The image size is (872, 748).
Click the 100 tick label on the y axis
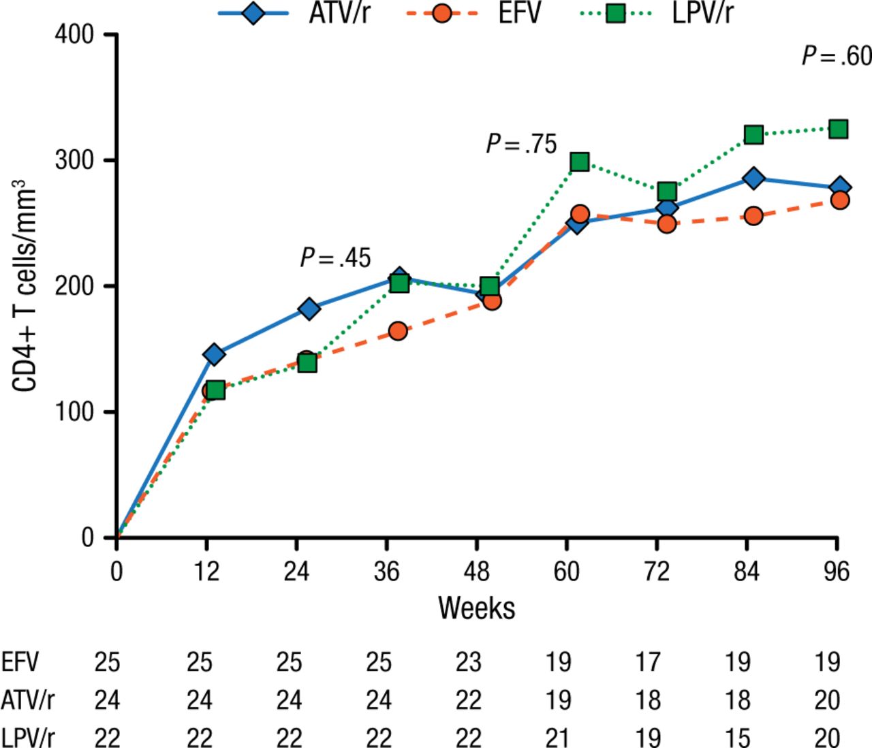pos(75,412)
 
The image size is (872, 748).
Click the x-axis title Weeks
pos(476,607)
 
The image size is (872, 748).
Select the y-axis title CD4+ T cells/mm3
pos(26,286)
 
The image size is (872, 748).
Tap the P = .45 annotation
pos(335,258)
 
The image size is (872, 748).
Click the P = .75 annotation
pos(521,144)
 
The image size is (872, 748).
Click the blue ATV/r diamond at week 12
pos(214,354)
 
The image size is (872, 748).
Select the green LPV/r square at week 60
pos(580,161)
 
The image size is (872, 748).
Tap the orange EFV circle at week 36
pos(398,331)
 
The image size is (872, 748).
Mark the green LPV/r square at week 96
pos(838,129)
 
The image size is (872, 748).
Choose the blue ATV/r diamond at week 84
pos(753,178)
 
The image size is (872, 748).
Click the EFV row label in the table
pos(20,661)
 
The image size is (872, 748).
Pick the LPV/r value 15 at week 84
pos(738,737)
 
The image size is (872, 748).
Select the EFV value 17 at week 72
pos(648,661)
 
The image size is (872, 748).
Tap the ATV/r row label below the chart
pos(28,700)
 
